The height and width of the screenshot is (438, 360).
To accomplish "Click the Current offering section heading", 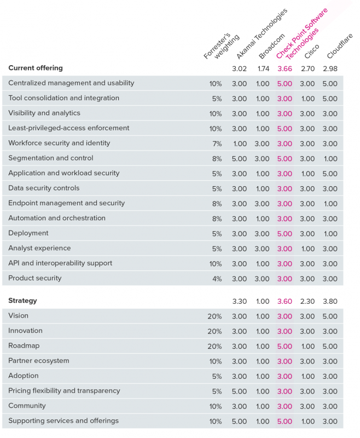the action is coord(36,68).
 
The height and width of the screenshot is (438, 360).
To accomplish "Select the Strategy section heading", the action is coord(22,301).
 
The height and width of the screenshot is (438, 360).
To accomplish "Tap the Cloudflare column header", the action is coord(340,46).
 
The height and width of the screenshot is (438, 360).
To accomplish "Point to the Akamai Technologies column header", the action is coord(262,34).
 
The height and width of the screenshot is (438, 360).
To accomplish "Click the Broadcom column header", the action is coord(272,46).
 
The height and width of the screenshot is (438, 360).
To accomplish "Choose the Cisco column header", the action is coord(312,51).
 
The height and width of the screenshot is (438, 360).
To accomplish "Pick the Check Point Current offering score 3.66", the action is coord(284,69).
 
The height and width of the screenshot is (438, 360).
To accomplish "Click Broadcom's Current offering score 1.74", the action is coord(263,69).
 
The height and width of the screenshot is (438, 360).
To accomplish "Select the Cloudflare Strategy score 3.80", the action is coord(330,302).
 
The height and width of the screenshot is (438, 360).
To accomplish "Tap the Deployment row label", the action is coord(28,233).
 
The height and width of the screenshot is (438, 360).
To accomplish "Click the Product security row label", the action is coord(35,278).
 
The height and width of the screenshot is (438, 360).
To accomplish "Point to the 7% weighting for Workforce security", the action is coord(217,144).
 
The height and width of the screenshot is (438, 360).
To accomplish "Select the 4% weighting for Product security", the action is coord(217,279).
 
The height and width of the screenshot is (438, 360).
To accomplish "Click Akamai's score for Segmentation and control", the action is coord(239,159).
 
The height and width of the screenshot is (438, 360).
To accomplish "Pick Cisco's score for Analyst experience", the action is coord(308,249).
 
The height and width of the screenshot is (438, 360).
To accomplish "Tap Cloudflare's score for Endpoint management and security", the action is coord(330,204).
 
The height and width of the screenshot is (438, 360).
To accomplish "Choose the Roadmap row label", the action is coord(24,345).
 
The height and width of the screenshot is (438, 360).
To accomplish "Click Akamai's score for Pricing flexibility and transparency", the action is coord(239,391).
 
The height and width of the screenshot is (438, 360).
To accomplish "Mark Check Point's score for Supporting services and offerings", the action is coord(284,422).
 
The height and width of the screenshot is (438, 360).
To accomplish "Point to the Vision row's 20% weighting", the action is coord(214,316).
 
